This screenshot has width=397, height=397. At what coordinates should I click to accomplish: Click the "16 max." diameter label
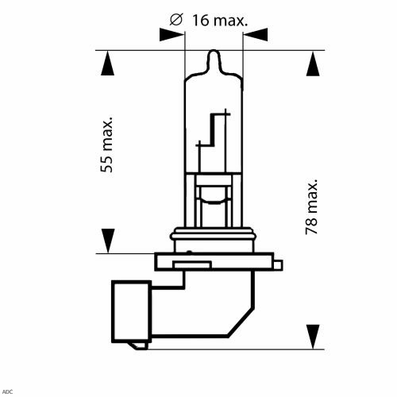tap(220, 21)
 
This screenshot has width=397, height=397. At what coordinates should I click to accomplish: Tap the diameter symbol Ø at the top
tap(176, 20)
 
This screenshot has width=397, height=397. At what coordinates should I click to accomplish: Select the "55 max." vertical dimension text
tap(107, 145)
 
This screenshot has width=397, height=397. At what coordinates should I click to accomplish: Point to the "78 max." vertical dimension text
tap(311, 207)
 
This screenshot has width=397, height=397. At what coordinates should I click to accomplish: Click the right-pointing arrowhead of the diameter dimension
tap(172, 35)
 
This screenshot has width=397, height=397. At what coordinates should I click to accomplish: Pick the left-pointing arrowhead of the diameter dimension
tap(256, 35)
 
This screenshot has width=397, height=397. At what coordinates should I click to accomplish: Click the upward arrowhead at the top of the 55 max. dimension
tap(107, 64)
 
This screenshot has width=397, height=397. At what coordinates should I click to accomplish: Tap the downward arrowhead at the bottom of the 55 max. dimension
tap(108, 241)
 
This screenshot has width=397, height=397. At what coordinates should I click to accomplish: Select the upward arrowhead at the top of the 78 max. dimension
tap(313, 64)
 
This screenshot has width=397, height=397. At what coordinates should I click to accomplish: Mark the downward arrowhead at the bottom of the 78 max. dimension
tap(313, 337)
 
